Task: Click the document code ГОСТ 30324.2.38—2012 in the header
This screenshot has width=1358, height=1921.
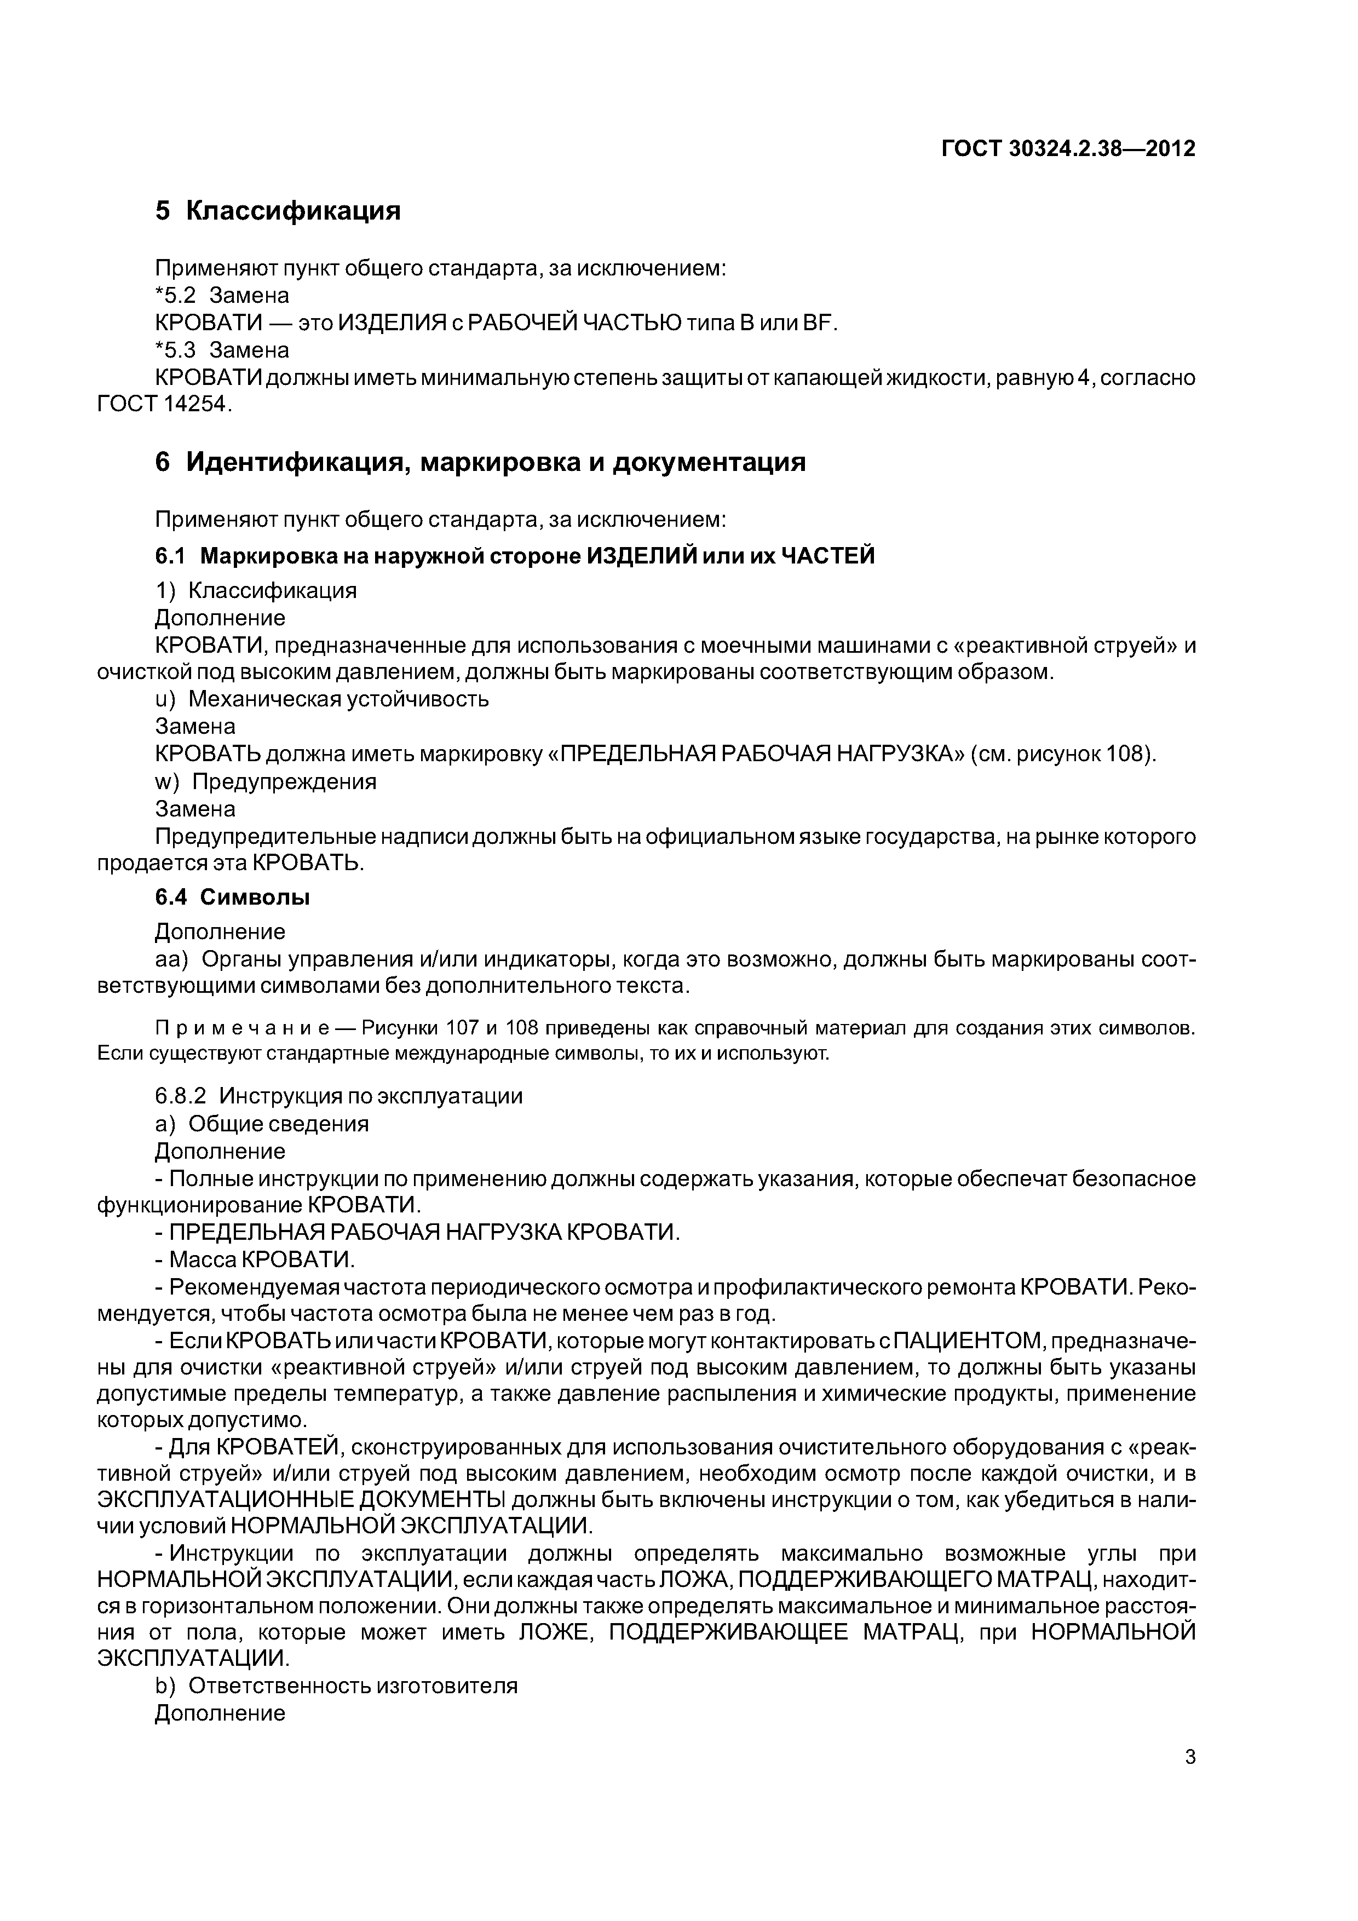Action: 1068,149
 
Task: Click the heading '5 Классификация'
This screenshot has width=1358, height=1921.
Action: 278,211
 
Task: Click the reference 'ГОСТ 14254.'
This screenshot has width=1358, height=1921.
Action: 163,404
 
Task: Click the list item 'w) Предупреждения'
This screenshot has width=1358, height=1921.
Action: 266,781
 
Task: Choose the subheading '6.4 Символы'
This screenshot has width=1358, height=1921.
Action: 233,898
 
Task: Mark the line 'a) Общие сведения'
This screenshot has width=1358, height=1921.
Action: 262,1124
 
